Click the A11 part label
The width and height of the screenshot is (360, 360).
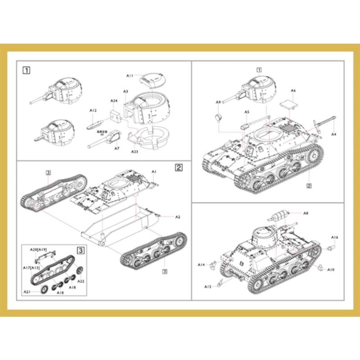coord(130,76)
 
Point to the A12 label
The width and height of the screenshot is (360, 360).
coord(93,110)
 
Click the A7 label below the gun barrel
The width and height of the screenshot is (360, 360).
coord(117,148)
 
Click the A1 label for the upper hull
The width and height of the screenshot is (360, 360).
coord(153,171)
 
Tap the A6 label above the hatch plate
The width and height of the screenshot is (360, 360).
coord(293,90)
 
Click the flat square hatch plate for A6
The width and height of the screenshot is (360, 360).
coord(288,103)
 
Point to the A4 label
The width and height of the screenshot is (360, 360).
coord(333,135)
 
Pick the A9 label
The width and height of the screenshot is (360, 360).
coord(218,102)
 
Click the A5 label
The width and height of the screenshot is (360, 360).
coord(247,112)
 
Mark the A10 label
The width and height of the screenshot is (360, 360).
coord(331,270)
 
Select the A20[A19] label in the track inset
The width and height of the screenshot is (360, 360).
coord(38,248)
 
